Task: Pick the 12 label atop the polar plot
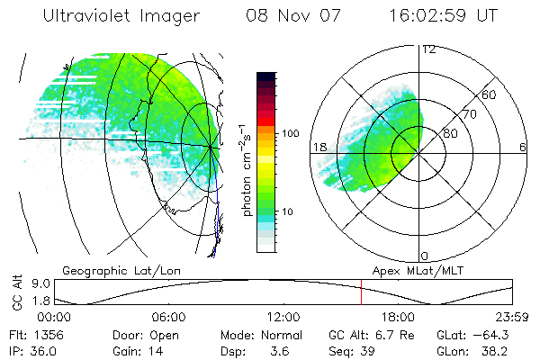click(428, 49)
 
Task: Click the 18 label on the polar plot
click(318, 147)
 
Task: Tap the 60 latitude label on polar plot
click(490, 94)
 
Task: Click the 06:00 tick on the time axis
click(169, 318)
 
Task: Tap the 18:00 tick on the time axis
click(399, 318)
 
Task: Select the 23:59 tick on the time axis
click(512, 318)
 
